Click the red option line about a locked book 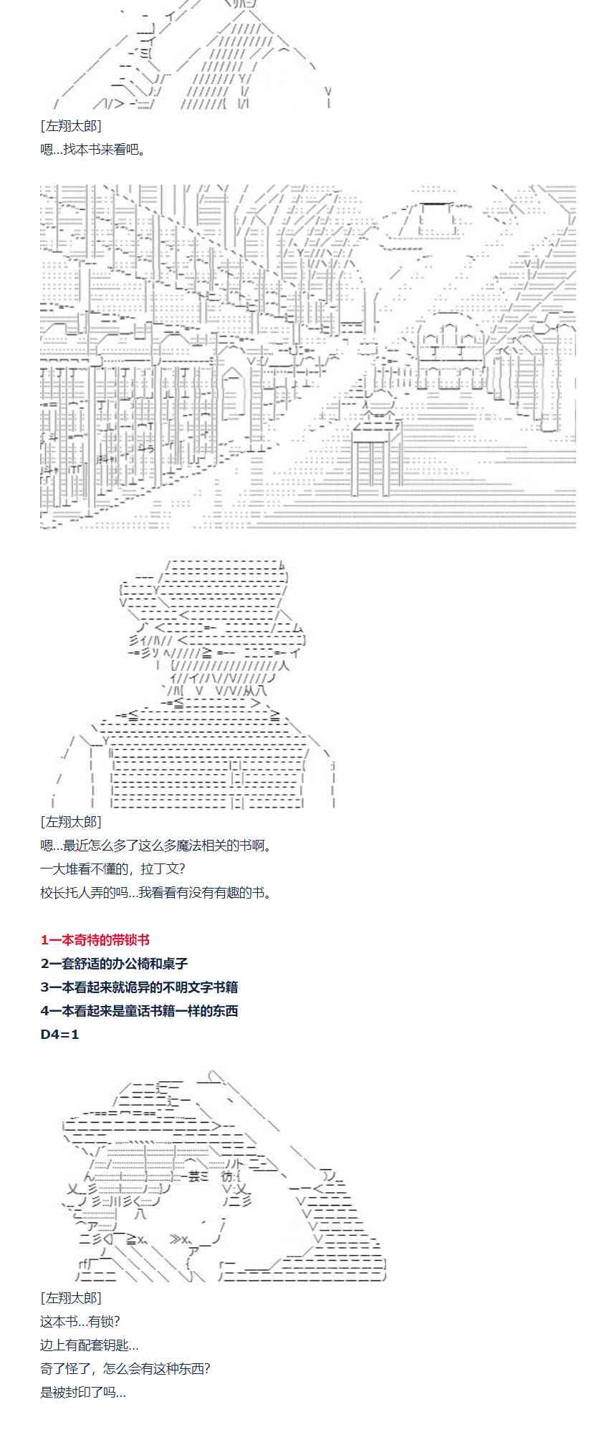(x=95, y=940)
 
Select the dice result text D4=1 (x=60, y=1035)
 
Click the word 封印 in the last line (x=82, y=1393)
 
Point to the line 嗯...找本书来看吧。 (x=93, y=150)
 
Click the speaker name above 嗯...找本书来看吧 (x=71, y=126)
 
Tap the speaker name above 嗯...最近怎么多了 (x=71, y=822)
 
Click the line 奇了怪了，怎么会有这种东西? (x=125, y=1369)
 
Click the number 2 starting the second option (x=45, y=964)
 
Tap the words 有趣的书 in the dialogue (x=241, y=893)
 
